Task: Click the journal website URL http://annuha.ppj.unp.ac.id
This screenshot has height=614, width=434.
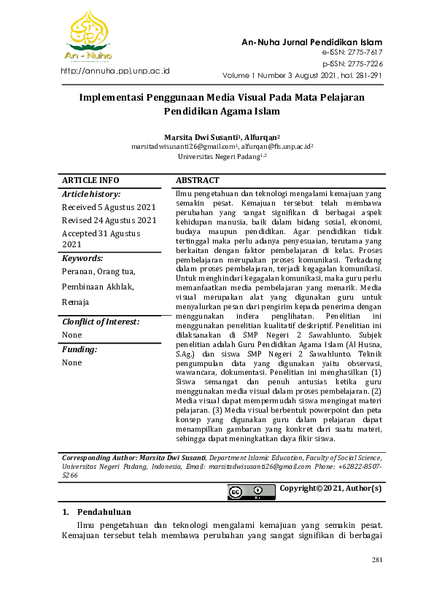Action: point(115,71)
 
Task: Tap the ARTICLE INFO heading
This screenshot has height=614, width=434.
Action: point(90,181)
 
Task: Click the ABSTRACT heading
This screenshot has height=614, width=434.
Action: point(197,181)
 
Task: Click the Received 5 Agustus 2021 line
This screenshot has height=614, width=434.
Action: point(108,207)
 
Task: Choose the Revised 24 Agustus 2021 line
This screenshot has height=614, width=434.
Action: point(109,220)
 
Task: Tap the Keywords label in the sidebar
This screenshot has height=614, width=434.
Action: point(82,258)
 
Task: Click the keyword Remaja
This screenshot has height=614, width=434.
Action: point(76,302)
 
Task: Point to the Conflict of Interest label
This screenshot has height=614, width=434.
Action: point(101,322)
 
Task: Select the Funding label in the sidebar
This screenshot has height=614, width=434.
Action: point(80,349)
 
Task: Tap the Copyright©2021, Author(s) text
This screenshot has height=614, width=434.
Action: point(330,489)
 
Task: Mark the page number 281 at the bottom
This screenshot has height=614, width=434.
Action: point(377,560)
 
